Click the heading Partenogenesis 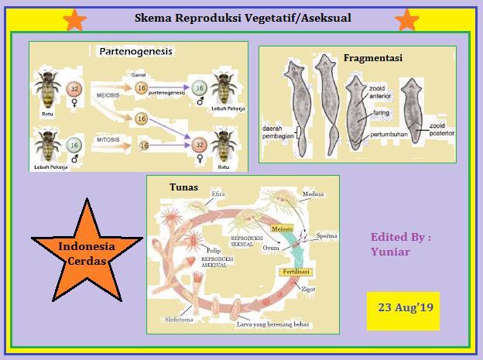(x=135, y=52)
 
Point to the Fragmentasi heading (x=372, y=57)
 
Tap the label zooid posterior (x=441, y=130)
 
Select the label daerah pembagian (x=280, y=138)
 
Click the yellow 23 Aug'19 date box (x=404, y=308)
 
